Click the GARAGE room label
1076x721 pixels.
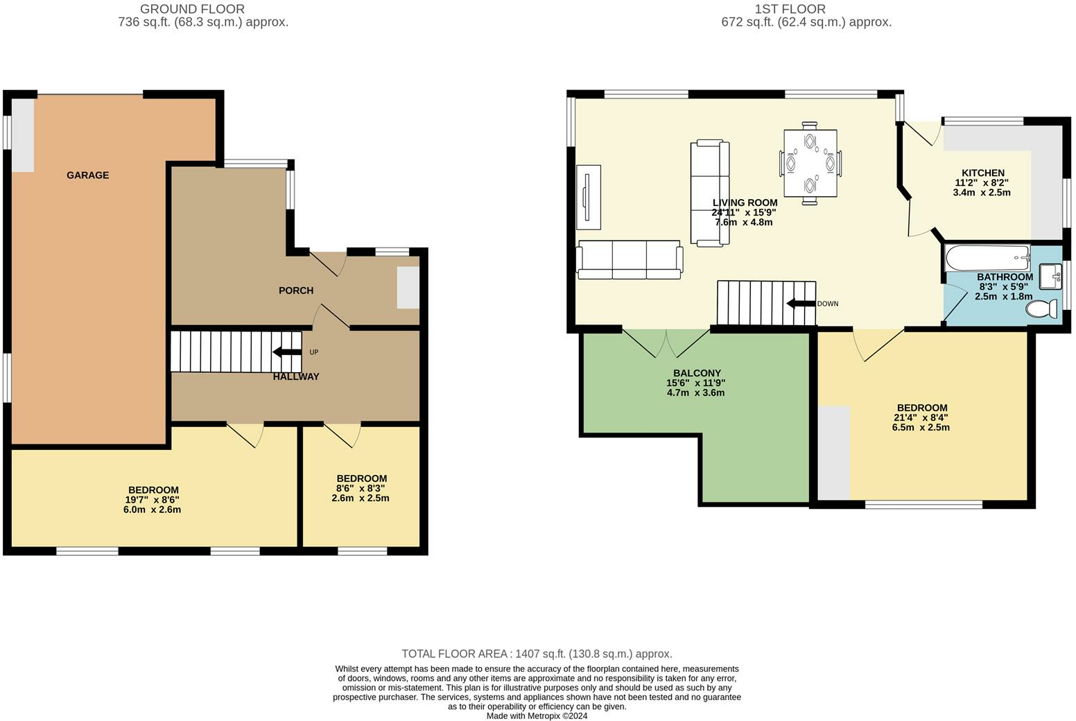click(88, 175)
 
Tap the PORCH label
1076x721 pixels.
click(296, 290)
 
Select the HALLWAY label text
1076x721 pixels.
click(296, 376)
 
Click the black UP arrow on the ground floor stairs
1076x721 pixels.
click(287, 352)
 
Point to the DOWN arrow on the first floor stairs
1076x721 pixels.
click(801, 304)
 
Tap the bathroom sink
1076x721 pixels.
click(1050, 276)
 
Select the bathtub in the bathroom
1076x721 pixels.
click(988, 259)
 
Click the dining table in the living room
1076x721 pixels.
click(810, 164)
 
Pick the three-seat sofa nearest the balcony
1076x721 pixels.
click(630, 260)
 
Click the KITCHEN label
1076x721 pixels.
click(983, 173)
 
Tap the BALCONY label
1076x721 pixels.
click(697, 373)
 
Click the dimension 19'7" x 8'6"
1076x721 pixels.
click(153, 500)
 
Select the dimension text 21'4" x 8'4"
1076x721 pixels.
click(921, 417)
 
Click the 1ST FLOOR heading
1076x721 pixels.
click(790, 8)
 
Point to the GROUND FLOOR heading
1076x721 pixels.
click(192, 8)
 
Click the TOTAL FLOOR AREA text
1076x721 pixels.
click(537, 654)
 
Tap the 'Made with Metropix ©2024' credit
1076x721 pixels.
click(537, 715)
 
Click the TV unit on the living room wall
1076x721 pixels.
click(589, 197)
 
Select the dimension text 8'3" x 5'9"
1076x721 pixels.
click(1004, 287)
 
